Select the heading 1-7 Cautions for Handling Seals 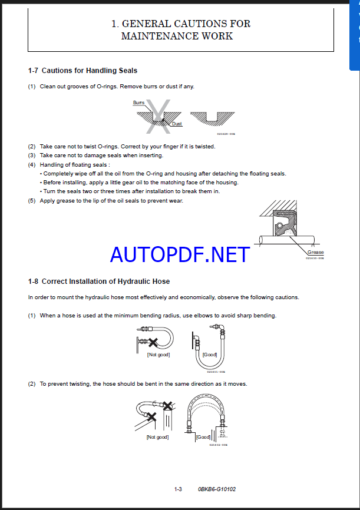click(x=82, y=71)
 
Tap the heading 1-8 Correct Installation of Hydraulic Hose click(x=99, y=282)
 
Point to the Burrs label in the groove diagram click(x=138, y=102)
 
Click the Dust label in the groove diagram click(x=177, y=124)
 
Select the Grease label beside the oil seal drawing click(x=315, y=252)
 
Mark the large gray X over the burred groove click(x=157, y=114)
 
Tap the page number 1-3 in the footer click(x=178, y=489)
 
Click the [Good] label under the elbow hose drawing click(x=210, y=355)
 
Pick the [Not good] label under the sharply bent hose click(x=158, y=355)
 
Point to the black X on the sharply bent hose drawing click(x=153, y=342)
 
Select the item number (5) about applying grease click(x=32, y=201)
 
